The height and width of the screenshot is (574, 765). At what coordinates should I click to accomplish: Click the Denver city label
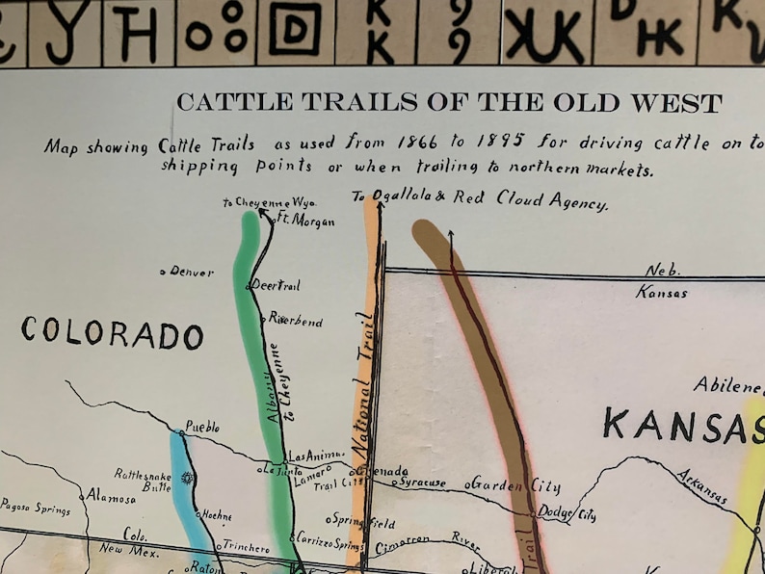(x=191, y=273)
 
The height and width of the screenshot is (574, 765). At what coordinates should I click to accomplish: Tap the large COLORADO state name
(x=113, y=333)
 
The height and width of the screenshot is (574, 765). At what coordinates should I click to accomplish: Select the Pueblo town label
(x=202, y=426)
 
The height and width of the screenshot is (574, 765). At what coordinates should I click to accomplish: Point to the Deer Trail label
(x=277, y=286)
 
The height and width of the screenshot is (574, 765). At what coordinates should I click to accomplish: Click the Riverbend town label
(x=296, y=320)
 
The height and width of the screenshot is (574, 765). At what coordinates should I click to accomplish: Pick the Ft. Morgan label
(x=306, y=221)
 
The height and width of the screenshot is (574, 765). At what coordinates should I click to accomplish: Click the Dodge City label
(x=567, y=514)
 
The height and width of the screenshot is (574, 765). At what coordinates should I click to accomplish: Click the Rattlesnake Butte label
(x=142, y=480)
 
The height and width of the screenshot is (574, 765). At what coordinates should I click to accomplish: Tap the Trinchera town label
(x=248, y=547)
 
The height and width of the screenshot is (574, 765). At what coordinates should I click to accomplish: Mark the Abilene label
(x=727, y=385)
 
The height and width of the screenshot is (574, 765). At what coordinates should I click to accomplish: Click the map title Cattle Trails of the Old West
(x=448, y=102)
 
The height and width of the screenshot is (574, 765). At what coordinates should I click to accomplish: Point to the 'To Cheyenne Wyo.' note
(x=255, y=203)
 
